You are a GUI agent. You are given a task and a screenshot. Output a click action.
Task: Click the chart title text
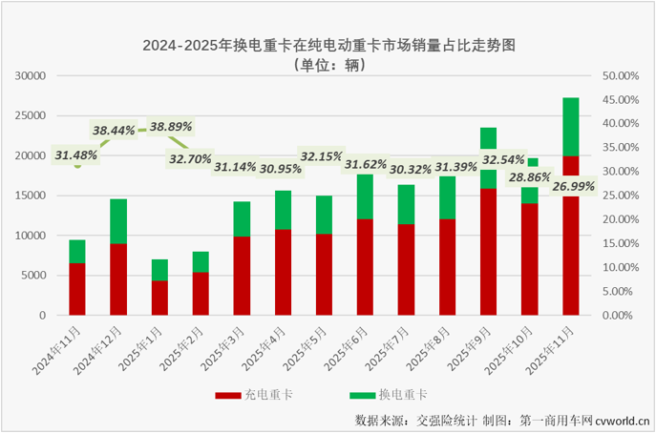(x=328, y=45)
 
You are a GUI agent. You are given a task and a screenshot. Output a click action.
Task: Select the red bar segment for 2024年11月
(x=76, y=289)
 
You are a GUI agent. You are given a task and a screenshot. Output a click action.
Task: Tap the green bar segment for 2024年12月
(x=118, y=221)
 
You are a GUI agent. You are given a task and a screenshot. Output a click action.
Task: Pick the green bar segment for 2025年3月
(x=242, y=219)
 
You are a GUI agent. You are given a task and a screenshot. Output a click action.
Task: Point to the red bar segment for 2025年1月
(x=159, y=298)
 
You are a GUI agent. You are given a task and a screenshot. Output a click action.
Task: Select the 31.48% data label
(x=75, y=155)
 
